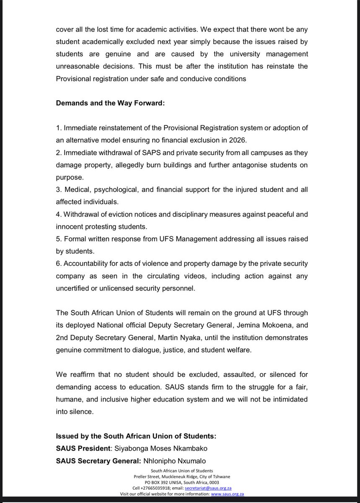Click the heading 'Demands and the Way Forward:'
(x=111, y=103)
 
